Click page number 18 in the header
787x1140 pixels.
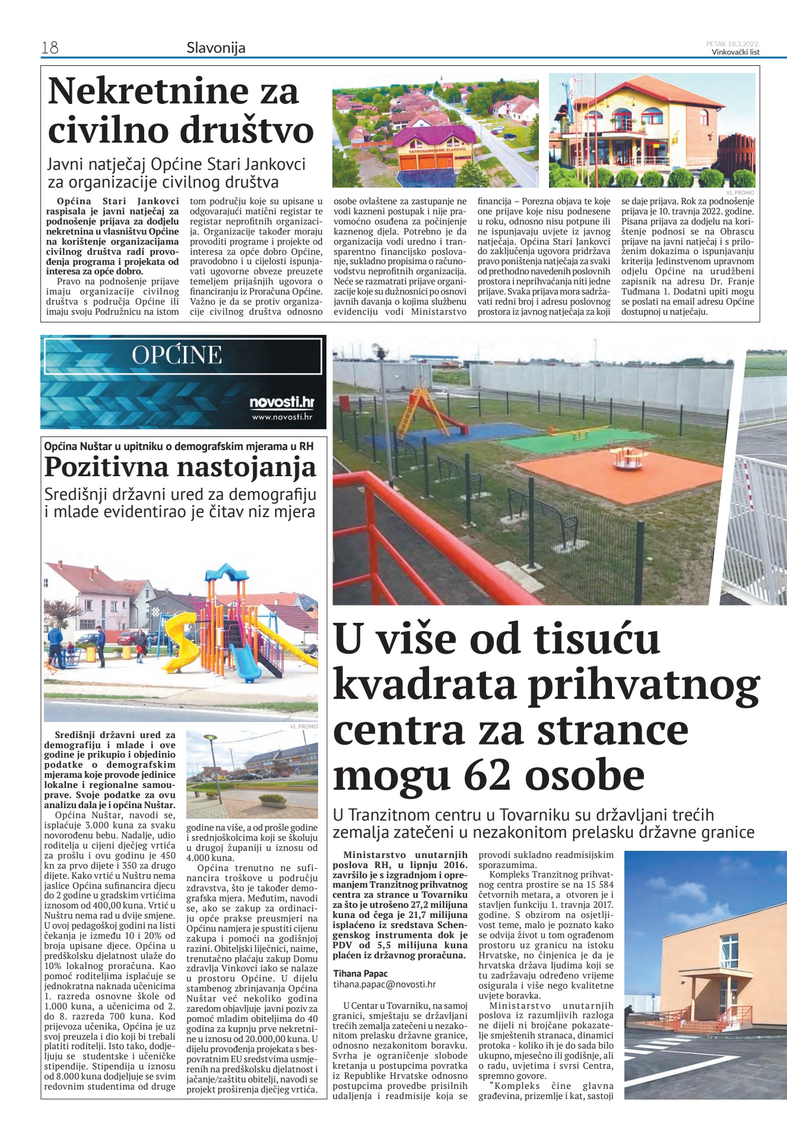pos(50,47)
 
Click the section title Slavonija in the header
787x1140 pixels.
pos(215,47)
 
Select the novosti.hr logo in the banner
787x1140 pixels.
pos(281,403)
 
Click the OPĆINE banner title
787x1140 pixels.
pos(177,355)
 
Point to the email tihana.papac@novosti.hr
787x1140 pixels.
pos(384,984)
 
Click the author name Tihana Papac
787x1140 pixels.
pos(360,973)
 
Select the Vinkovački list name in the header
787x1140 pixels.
pos(735,52)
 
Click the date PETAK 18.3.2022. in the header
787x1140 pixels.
pos(732,43)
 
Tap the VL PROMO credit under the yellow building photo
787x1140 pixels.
pos(740,192)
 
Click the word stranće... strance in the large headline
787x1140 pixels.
pos(612,730)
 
